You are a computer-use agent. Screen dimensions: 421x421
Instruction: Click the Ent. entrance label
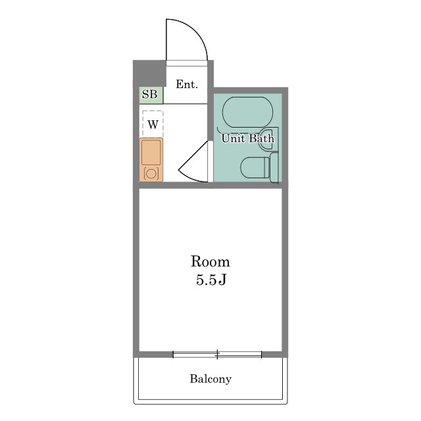[x=187, y=84]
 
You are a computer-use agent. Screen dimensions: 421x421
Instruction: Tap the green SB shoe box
[x=151, y=95]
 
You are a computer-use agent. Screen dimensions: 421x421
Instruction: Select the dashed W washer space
[x=153, y=124]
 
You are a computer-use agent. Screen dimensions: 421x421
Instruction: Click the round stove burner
[x=151, y=174]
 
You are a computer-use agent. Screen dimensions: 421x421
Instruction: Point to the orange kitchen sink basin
[x=151, y=153]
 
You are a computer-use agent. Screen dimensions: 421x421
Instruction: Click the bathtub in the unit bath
[x=247, y=112]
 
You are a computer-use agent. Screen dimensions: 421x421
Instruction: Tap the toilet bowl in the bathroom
[x=255, y=168]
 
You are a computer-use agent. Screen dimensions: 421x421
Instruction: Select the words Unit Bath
[x=247, y=139]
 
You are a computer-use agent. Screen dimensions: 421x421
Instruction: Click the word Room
[x=210, y=262]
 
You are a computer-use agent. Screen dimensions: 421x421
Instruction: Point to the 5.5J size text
[x=211, y=280]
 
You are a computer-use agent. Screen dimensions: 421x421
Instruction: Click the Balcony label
[x=210, y=379]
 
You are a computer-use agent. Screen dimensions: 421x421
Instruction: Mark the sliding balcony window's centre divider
[x=217, y=355]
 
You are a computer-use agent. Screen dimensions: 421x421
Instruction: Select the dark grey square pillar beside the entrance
[x=149, y=73]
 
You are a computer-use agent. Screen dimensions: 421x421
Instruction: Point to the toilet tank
[x=274, y=167]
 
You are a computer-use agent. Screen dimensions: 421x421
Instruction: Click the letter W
[x=153, y=124]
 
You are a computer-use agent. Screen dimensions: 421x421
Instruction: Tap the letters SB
[x=149, y=94]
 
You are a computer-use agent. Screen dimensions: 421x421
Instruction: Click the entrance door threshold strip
[x=187, y=63]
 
